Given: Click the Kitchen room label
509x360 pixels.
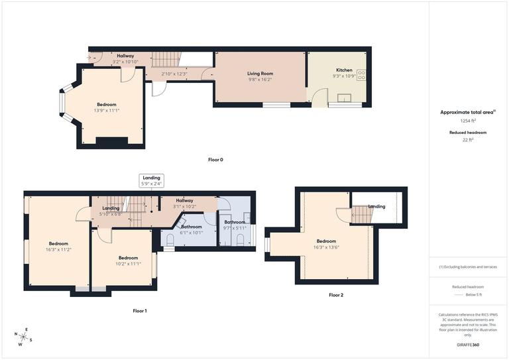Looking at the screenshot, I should [x=344, y=70].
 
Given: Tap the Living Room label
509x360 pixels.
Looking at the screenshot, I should [x=260, y=74].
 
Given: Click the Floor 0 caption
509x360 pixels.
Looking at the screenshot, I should [x=215, y=160].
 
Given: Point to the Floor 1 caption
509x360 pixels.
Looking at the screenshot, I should [x=140, y=310].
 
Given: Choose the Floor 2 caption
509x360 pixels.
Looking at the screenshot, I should [x=336, y=294].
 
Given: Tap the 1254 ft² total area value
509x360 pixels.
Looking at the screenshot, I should [x=469, y=121].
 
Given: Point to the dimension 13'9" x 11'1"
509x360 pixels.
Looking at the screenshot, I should [x=107, y=110].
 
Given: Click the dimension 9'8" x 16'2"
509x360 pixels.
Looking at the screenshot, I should [x=260, y=80].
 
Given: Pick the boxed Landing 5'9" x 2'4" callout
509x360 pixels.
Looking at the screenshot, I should [x=152, y=180].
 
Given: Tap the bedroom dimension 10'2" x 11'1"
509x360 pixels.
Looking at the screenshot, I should [x=128, y=263].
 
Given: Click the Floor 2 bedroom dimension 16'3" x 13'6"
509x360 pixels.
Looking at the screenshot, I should [x=327, y=247].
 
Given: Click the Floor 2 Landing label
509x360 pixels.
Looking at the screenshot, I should [x=376, y=206].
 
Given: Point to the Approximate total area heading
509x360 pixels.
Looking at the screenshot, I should [x=468, y=113].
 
